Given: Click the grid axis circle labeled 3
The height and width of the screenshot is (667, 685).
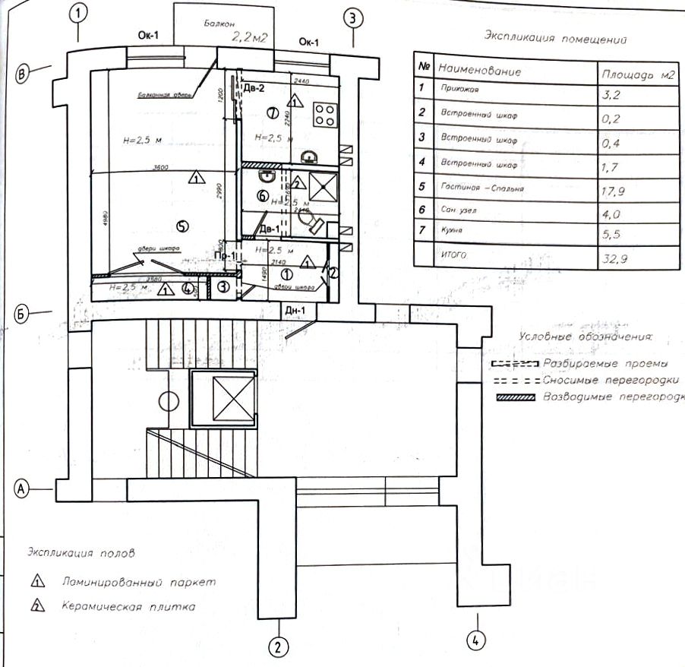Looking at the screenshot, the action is pos(354,18).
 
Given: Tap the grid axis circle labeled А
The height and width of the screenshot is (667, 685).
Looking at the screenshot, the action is pos(23,489).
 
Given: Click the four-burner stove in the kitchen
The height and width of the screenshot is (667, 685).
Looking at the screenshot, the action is pos(325,114).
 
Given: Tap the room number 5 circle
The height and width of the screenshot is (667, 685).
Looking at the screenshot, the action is pos(180,225).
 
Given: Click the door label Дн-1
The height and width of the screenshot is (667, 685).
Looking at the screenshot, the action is pos(295,311).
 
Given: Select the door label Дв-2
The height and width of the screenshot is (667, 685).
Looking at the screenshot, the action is pos(255,89).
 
